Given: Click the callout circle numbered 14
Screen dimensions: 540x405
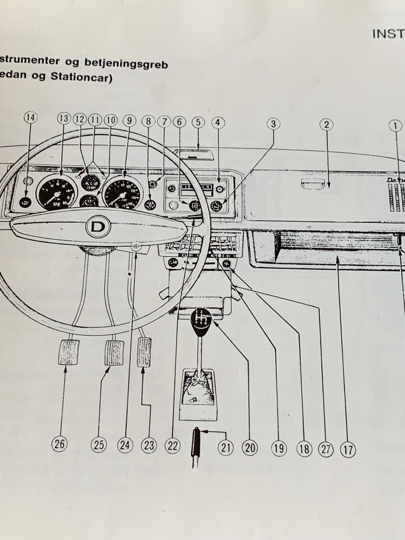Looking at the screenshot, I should click(x=30, y=118).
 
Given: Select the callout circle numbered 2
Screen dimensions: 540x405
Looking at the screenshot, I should click(x=326, y=124).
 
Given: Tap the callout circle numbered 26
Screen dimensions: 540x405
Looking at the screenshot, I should click(x=59, y=443).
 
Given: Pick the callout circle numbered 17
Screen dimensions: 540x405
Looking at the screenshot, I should click(x=348, y=450).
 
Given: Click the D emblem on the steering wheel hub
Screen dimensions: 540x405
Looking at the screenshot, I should click(x=98, y=227).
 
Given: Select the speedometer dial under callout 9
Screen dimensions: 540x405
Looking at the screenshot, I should click(x=122, y=194).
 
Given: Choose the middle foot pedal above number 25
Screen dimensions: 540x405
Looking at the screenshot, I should click(x=114, y=352).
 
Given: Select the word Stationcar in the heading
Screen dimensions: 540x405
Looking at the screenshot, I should click(x=82, y=78).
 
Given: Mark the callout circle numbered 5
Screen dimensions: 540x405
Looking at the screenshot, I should click(x=198, y=122).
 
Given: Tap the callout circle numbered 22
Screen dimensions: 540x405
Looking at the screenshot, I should click(x=173, y=446).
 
